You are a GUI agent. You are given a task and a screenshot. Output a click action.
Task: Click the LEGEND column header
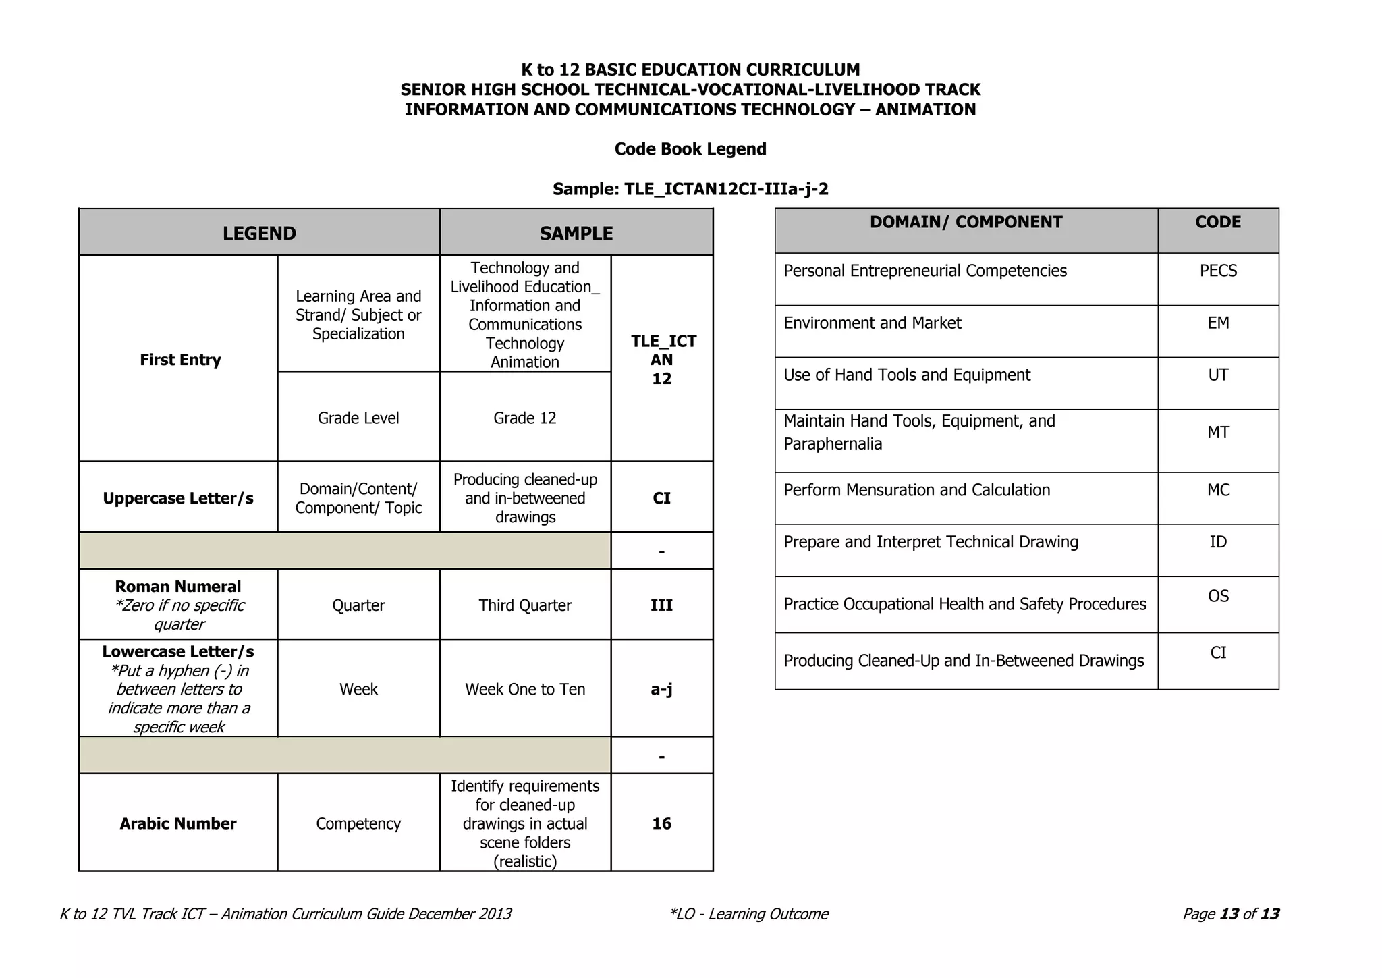pos(259,233)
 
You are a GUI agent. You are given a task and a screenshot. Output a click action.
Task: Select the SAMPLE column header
pos(576,233)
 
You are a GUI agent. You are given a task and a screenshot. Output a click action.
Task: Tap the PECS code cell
pos(1218,271)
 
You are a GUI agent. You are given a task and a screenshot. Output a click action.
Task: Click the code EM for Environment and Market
pos(1218,323)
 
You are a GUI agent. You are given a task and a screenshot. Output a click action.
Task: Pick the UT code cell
pos(1218,375)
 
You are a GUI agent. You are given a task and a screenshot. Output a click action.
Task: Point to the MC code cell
pos(1218,489)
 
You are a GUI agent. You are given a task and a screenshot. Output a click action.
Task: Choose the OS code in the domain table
pos(1218,596)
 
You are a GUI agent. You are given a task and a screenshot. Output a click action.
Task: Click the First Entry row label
pos(180,360)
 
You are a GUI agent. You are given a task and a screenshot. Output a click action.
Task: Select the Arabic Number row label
pos(178,823)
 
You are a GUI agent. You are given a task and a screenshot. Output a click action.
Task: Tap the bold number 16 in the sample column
pos(661,823)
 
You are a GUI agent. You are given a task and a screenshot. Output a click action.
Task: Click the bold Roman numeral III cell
pos(661,605)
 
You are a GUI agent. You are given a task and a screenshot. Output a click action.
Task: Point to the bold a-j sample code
pos(661,689)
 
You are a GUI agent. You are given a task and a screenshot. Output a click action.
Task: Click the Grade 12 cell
pos(524,418)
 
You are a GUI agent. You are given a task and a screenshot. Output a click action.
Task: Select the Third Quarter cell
pos(524,605)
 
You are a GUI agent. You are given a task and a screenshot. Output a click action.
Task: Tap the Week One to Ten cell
pos(524,689)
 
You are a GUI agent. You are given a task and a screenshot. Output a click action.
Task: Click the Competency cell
pos(358,823)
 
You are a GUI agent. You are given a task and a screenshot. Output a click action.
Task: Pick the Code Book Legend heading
pos(690,149)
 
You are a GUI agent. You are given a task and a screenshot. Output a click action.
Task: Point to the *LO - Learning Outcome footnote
pos(748,914)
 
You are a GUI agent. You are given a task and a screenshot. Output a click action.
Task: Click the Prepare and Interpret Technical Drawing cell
pos(931,542)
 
